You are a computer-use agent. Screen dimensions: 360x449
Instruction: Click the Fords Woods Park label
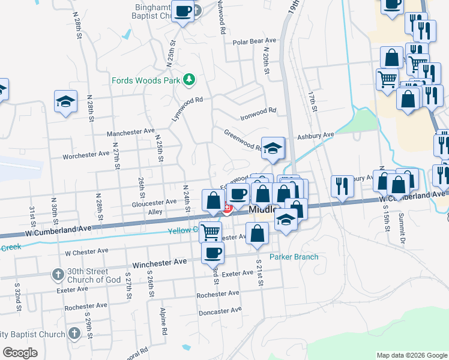click(146, 80)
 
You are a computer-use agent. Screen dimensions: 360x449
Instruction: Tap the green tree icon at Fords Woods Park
click(189, 79)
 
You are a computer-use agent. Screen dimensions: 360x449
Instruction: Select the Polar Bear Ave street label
click(255, 41)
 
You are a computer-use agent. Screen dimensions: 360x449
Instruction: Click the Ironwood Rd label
click(258, 111)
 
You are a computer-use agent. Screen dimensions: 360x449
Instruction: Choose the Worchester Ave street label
click(86, 155)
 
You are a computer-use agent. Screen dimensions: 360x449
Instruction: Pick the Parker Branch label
click(294, 257)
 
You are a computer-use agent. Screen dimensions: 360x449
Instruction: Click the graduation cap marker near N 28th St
click(65, 101)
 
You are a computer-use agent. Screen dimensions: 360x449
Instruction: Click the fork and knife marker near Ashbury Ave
click(342, 186)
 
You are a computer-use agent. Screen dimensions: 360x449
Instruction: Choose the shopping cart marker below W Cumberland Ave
click(209, 231)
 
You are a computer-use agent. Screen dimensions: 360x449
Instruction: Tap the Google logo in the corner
click(20, 353)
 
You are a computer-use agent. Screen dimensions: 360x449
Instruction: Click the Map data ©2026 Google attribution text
click(411, 355)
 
